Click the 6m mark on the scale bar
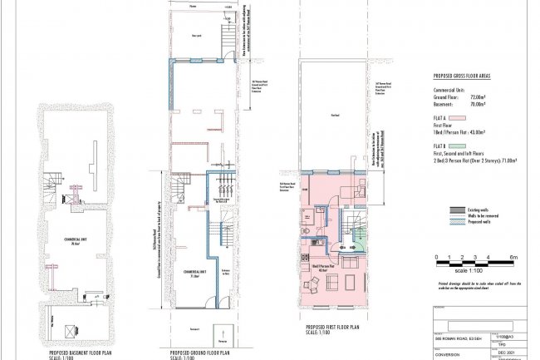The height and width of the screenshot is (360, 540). pos(513,257)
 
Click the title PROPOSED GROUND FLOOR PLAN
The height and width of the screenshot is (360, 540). pos(199,353)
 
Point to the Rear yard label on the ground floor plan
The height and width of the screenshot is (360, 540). pos(196,36)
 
